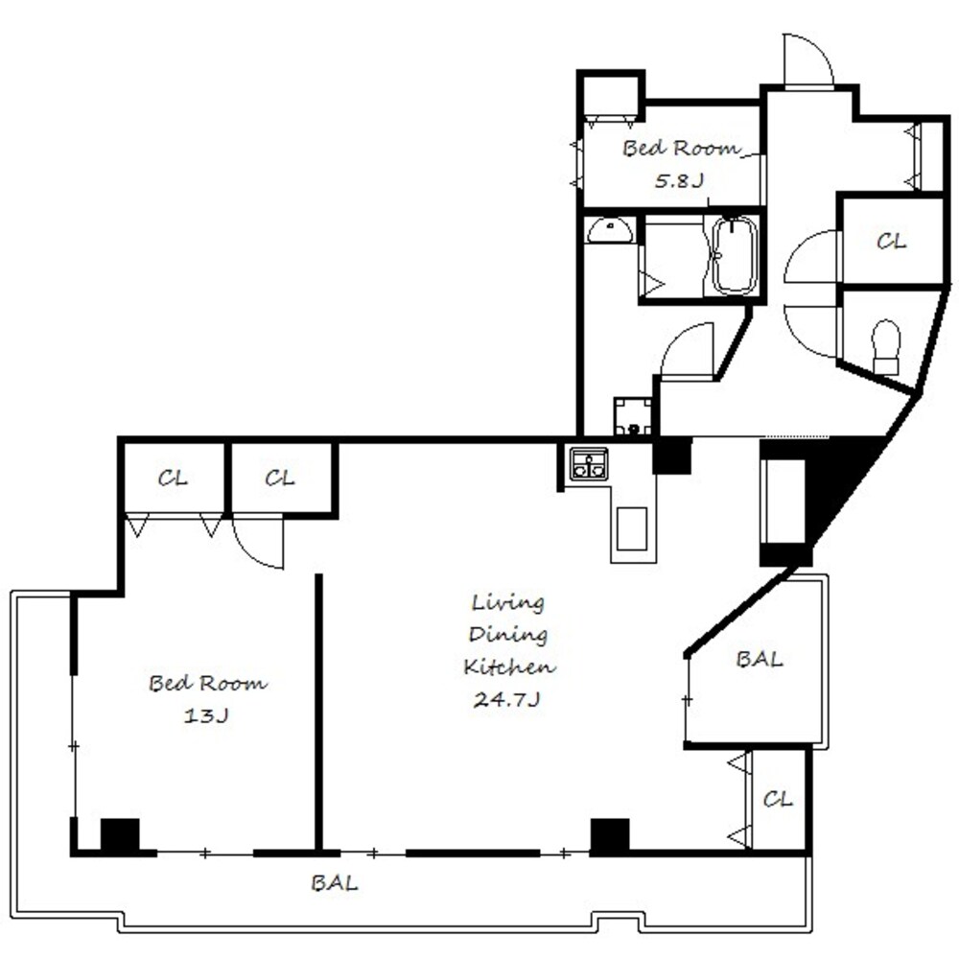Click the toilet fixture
click(x=886, y=347)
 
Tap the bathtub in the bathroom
click(x=735, y=255)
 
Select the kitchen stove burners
click(x=589, y=463)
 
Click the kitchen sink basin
click(x=632, y=528)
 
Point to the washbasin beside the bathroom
click(x=610, y=230)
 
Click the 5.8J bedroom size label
click(x=680, y=181)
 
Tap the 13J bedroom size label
click(x=206, y=715)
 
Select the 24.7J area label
click(x=506, y=699)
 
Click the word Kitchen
click(x=509, y=667)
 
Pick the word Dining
click(x=507, y=634)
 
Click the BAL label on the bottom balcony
click(x=334, y=882)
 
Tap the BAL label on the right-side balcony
click(x=759, y=659)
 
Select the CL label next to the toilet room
click(x=891, y=242)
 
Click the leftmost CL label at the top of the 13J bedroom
click(x=173, y=478)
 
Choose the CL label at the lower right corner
click(x=778, y=799)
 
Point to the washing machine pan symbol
click(x=633, y=416)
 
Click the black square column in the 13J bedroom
click(x=120, y=834)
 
